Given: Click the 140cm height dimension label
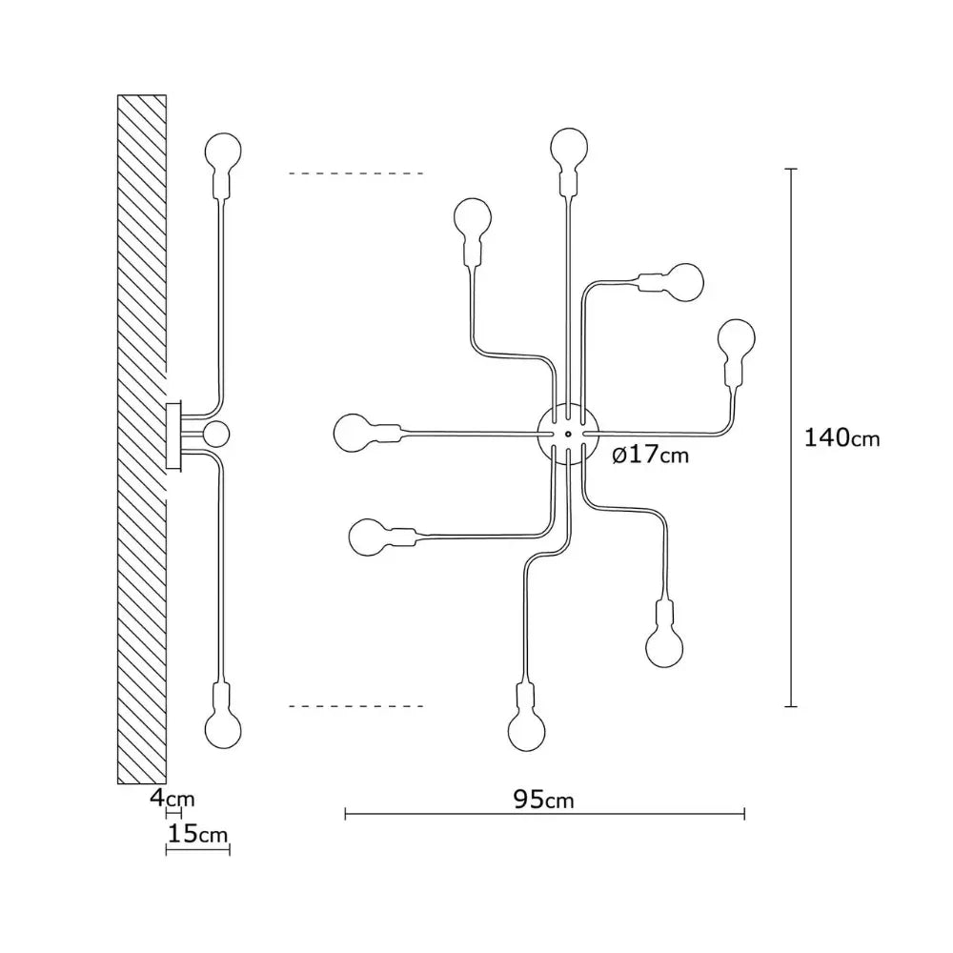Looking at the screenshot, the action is coord(841,437).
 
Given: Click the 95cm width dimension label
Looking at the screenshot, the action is coord(543,800).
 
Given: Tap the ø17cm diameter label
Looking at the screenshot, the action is coord(650,455).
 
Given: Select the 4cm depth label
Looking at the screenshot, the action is coord(172,798).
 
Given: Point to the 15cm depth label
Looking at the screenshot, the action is coord(197,834).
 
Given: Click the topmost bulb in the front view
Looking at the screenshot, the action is coord(569,146).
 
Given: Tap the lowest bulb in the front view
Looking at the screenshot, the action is coord(526,732).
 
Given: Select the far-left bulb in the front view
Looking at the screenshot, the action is coord(353,433).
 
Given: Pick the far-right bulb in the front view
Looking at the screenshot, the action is coord(737,338).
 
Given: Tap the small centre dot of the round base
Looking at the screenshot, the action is coord(568,434).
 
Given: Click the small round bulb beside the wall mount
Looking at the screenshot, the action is coord(215,434).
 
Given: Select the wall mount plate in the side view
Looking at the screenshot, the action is coord(173,436).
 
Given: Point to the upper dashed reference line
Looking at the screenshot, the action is coord(356,173).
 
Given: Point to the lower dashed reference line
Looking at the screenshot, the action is coord(356,706).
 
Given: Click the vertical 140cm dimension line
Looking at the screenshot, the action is coord(791,437).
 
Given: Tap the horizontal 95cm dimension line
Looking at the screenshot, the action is coord(544,815).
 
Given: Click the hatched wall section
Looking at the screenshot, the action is coord(142,438).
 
